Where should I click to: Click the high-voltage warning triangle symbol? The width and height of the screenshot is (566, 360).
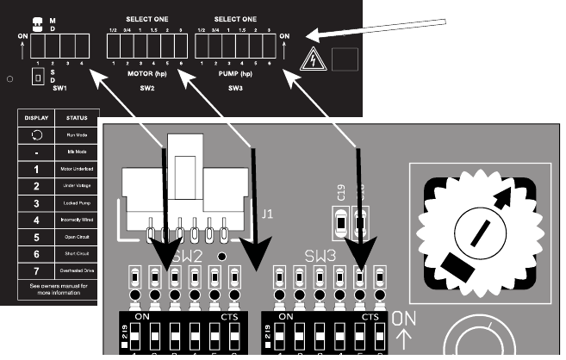click(x=313, y=59)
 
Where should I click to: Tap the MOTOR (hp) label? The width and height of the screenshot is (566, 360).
click(x=147, y=74)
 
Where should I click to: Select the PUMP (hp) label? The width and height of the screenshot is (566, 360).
click(x=235, y=74)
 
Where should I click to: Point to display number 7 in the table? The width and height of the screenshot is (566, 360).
click(x=36, y=270)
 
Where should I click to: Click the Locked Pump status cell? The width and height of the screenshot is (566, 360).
click(x=78, y=203)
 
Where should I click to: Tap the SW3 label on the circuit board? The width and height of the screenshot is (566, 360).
click(x=320, y=257)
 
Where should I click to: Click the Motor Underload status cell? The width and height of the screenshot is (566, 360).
click(x=78, y=170)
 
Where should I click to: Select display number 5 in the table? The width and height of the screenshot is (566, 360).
click(x=36, y=237)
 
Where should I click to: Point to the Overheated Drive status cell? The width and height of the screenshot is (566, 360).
click(x=78, y=270)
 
